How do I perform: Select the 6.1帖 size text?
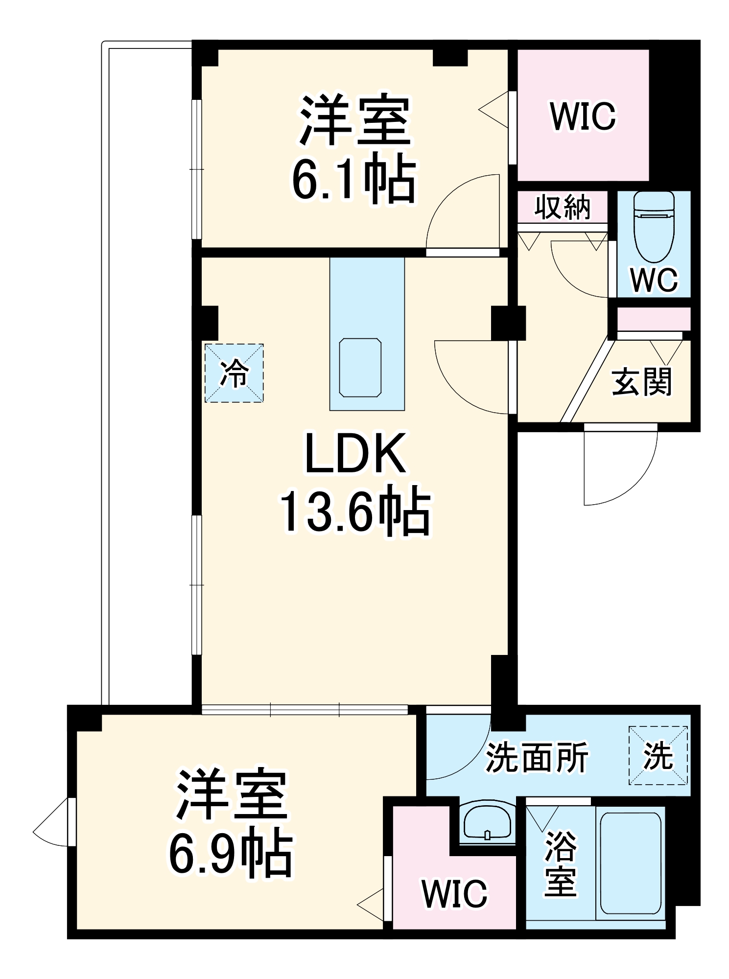[353, 179]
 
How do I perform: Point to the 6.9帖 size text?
[231, 854]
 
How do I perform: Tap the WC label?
[654, 280]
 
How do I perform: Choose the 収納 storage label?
[562, 207]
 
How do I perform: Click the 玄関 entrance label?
[642, 382]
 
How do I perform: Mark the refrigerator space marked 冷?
[234, 373]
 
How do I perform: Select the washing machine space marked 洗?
[658, 756]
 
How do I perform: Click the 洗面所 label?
[537, 758]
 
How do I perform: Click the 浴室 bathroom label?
[561, 863]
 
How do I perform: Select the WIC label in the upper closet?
[583, 117]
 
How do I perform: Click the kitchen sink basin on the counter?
[360, 367]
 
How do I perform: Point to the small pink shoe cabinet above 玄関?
[654, 319]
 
